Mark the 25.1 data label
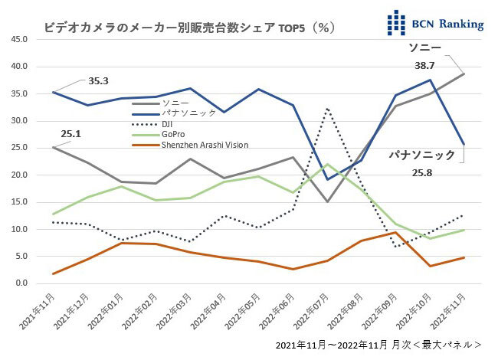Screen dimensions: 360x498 (71, 134)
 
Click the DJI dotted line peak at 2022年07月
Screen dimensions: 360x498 (327, 109)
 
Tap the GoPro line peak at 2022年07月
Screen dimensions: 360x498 (327, 164)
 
